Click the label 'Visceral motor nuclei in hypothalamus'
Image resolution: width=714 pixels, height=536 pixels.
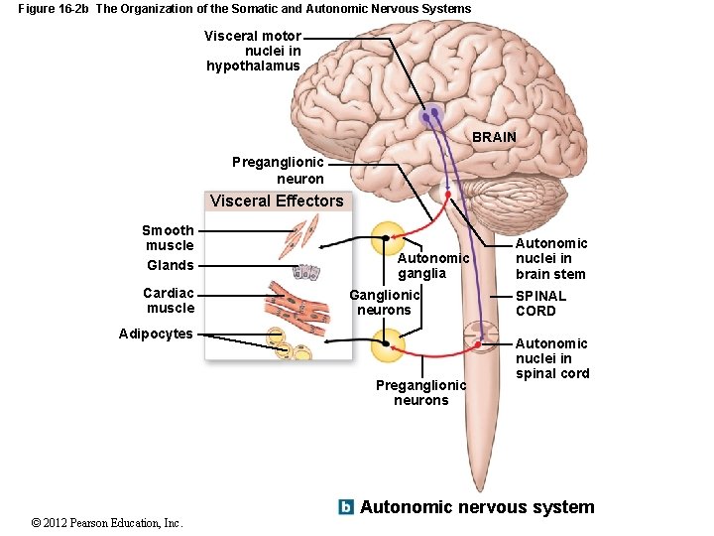(253, 51)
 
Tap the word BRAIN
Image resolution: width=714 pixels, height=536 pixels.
(494, 136)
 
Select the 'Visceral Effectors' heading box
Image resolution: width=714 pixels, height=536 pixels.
(277, 201)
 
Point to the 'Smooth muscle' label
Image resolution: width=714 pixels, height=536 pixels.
(169, 238)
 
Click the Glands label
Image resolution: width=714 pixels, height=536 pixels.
(171, 265)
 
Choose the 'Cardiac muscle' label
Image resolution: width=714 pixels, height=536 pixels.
(170, 300)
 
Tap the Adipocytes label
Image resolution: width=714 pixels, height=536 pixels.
(156, 334)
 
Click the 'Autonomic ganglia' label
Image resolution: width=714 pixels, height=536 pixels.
(433, 266)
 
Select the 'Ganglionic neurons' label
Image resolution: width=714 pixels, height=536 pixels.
(384, 302)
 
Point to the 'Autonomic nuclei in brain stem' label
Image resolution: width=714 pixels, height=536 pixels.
(550, 258)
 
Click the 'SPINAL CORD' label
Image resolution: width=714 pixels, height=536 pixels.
(540, 303)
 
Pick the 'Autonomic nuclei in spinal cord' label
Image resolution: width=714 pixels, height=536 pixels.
(551, 358)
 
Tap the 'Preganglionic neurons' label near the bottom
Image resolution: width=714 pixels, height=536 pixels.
(420, 392)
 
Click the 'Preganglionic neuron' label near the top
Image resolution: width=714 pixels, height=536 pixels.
(279, 170)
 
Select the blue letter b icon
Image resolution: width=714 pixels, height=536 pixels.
(346, 507)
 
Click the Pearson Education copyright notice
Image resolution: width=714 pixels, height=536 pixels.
(107, 522)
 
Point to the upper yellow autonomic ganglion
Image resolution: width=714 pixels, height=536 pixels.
(388, 239)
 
